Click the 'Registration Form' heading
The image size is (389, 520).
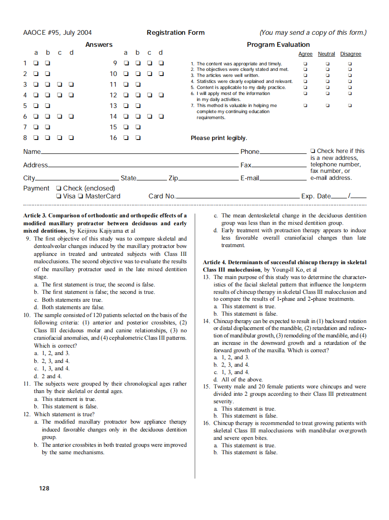(x=175, y=32)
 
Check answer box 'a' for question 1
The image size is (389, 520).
(x=36, y=63)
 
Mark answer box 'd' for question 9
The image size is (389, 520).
(x=161, y=63)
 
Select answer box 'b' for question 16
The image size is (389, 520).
(x=138, y=138)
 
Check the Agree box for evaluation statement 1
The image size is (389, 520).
(x=305, y=63)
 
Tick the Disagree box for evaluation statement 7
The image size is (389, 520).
(x=350, y=106)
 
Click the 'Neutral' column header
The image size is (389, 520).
(x=326, y=54)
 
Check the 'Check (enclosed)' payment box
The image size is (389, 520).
(x=58, y=188)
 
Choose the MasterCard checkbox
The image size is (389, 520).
(x=81, y=196)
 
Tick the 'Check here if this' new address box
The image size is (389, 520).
(x=313, y=151)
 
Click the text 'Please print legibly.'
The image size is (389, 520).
(x=219, y=138)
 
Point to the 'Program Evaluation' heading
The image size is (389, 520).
(x=278, y=44)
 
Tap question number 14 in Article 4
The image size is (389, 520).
(x=207, y=321)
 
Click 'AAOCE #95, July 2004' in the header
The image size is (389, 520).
(x=57, y=32)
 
